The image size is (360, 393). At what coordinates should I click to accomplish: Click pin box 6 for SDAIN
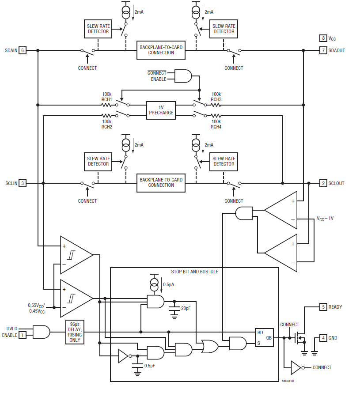coord(23,50)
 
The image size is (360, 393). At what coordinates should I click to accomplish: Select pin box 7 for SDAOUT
coord(323,50)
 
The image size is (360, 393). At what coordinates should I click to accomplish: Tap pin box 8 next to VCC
coord(323,38)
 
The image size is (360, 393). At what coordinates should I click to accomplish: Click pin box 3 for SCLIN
coord(23,183)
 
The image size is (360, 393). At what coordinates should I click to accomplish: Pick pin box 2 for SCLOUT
coord(323,183)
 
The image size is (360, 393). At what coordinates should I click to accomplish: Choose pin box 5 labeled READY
coord(323,307)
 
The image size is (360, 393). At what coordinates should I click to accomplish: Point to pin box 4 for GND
coord(323,338)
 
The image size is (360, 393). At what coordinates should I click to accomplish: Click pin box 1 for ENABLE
coord(23,335)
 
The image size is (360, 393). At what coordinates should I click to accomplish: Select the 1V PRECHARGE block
coord(161,110)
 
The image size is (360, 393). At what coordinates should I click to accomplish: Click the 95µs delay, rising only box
coord(75,332)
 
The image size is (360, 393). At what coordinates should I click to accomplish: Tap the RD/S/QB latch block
coord(264,338)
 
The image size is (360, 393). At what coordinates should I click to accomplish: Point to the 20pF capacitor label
coord(186,308)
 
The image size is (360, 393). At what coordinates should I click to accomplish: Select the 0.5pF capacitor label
coord(150,366)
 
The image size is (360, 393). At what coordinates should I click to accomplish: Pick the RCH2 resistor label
coord(107,127)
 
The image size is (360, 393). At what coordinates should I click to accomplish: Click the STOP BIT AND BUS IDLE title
coord(194,272)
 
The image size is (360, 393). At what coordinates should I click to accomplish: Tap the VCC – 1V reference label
coord(325,219)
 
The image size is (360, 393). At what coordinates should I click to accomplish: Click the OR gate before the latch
coord(208,346)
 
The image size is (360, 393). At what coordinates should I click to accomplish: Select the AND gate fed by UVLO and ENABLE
coord(41,332)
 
